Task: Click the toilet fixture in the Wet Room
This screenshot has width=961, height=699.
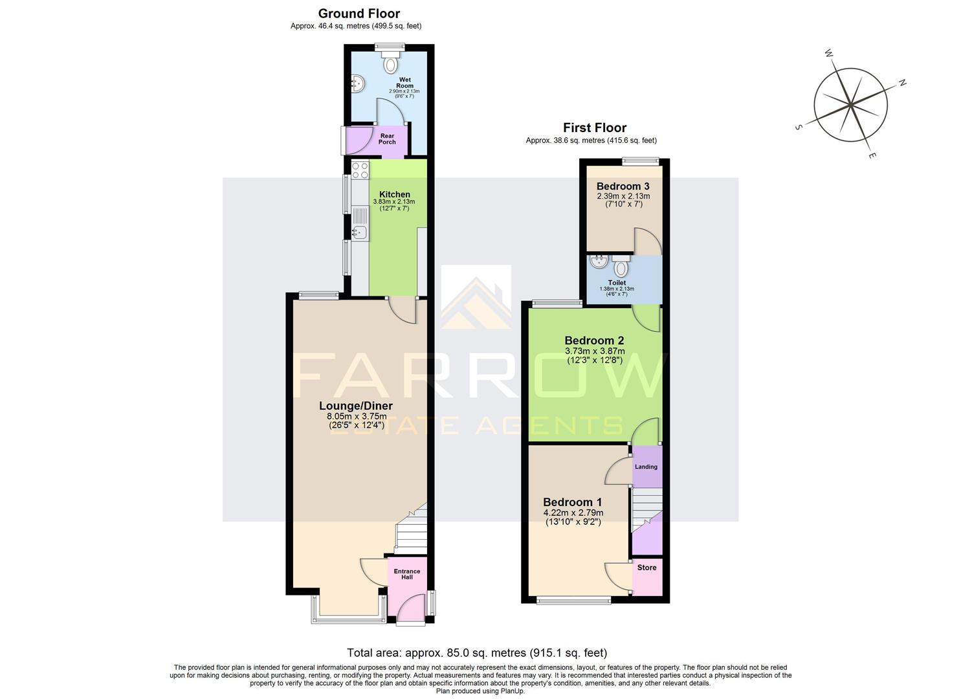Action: (390, 63)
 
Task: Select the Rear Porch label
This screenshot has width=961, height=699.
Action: (387, 139)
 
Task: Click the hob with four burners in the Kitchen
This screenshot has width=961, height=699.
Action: (360, 171)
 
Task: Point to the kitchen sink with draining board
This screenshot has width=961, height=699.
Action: (359, 224)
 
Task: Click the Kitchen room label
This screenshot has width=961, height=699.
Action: (394, 194)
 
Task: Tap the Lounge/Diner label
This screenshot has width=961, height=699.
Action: (356, 406)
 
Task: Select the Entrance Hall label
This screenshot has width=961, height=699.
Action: (407, 574)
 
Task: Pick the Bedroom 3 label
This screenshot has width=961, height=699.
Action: (623, 186)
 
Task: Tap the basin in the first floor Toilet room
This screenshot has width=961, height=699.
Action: (599, 261)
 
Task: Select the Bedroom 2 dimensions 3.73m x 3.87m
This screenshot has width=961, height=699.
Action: (594, 351)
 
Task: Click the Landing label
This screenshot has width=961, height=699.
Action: (646, 467)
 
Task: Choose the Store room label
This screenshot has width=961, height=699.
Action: (646, 568)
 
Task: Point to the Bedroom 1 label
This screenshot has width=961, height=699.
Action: (572, 502)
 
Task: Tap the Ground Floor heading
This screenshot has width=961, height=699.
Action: (359, 14)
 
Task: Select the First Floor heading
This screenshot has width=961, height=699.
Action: (594, 128)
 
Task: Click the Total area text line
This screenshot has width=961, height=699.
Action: (477, 652)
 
